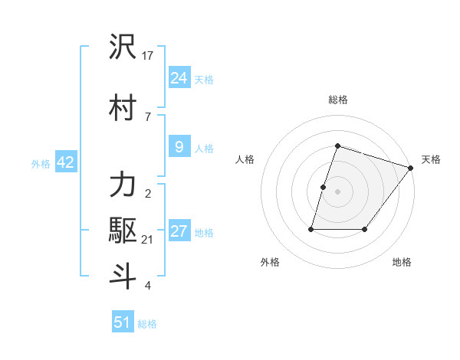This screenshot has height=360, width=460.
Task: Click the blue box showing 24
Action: (x=179, y=77)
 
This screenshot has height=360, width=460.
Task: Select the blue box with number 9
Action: (x=179, y=146)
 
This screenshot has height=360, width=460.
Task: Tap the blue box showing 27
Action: (x=179, y=231)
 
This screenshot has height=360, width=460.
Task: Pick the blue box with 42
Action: (x=64, y=162)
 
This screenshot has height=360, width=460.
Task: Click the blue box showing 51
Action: (x=123, y=322)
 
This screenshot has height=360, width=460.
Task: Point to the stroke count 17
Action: (x=149, y=55)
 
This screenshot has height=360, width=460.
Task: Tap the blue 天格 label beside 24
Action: (x=204, y=79)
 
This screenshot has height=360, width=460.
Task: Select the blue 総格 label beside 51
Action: (x=147, y=324)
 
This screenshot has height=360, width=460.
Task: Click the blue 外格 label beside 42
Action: (x=40, y=163)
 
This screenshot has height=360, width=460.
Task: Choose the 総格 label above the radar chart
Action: (x=337, y=100)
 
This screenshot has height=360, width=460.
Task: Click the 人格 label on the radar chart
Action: (x=245, y=159)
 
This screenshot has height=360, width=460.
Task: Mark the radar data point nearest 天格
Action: (x=411, y=168)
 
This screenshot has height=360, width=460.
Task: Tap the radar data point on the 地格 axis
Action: (x=364, y=229)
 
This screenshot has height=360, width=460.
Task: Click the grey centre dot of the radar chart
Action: (x=337, y=191)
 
